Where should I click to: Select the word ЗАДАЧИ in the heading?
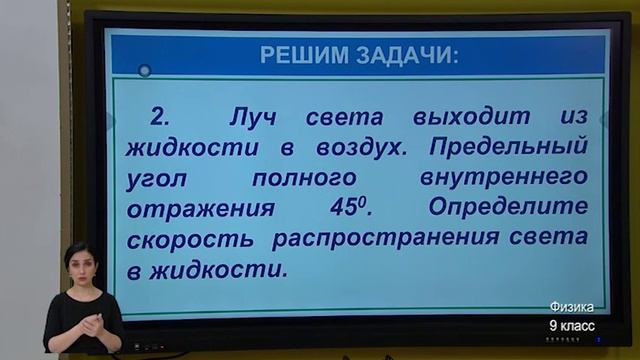(404, 54)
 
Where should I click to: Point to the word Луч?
(252, 118)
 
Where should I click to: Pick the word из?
(567, 118)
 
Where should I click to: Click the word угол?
(157, 181)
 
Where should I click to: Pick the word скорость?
(190, 241)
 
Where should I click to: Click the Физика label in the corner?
(571, 308)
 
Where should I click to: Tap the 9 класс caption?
(571, 326)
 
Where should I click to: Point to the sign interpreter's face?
(79, 263)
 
